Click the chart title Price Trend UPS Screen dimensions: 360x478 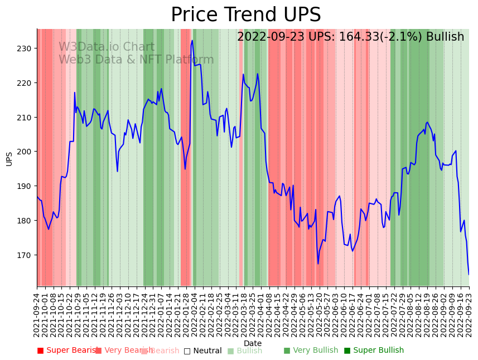point(245,15)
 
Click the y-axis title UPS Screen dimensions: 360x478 point(9,159)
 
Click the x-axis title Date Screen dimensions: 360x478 point(253,343)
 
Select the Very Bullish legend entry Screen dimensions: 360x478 point(311,351)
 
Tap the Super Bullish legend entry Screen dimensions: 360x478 point(374,351)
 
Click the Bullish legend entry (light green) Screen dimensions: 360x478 point(245,351)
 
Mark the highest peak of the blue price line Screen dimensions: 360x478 point(192,40)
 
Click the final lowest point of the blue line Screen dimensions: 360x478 point(469,274)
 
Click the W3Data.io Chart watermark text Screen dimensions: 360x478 point(107,47)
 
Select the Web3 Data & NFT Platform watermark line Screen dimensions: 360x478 point(136,60)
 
